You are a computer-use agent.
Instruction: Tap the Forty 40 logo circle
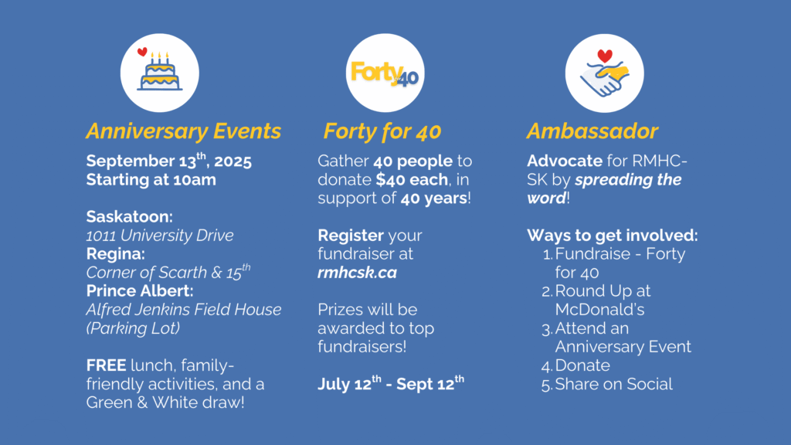385,73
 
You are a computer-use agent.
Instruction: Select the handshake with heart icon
604,73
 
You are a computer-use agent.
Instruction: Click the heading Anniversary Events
184,131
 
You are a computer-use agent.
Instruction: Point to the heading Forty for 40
382,131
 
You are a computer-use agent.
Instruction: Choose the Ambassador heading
592,131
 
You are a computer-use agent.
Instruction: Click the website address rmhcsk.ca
357,273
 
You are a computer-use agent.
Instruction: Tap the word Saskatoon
129,217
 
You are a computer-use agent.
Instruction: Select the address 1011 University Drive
160,236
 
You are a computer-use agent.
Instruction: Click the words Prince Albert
140,291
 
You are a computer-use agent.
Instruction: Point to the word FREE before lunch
106,365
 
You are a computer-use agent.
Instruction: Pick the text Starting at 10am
151,179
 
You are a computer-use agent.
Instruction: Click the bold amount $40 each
412,179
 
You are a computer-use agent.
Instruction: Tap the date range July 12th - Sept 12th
391,383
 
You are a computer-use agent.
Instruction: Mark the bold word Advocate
565,161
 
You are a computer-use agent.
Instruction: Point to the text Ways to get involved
613,236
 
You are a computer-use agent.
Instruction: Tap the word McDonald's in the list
599,310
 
